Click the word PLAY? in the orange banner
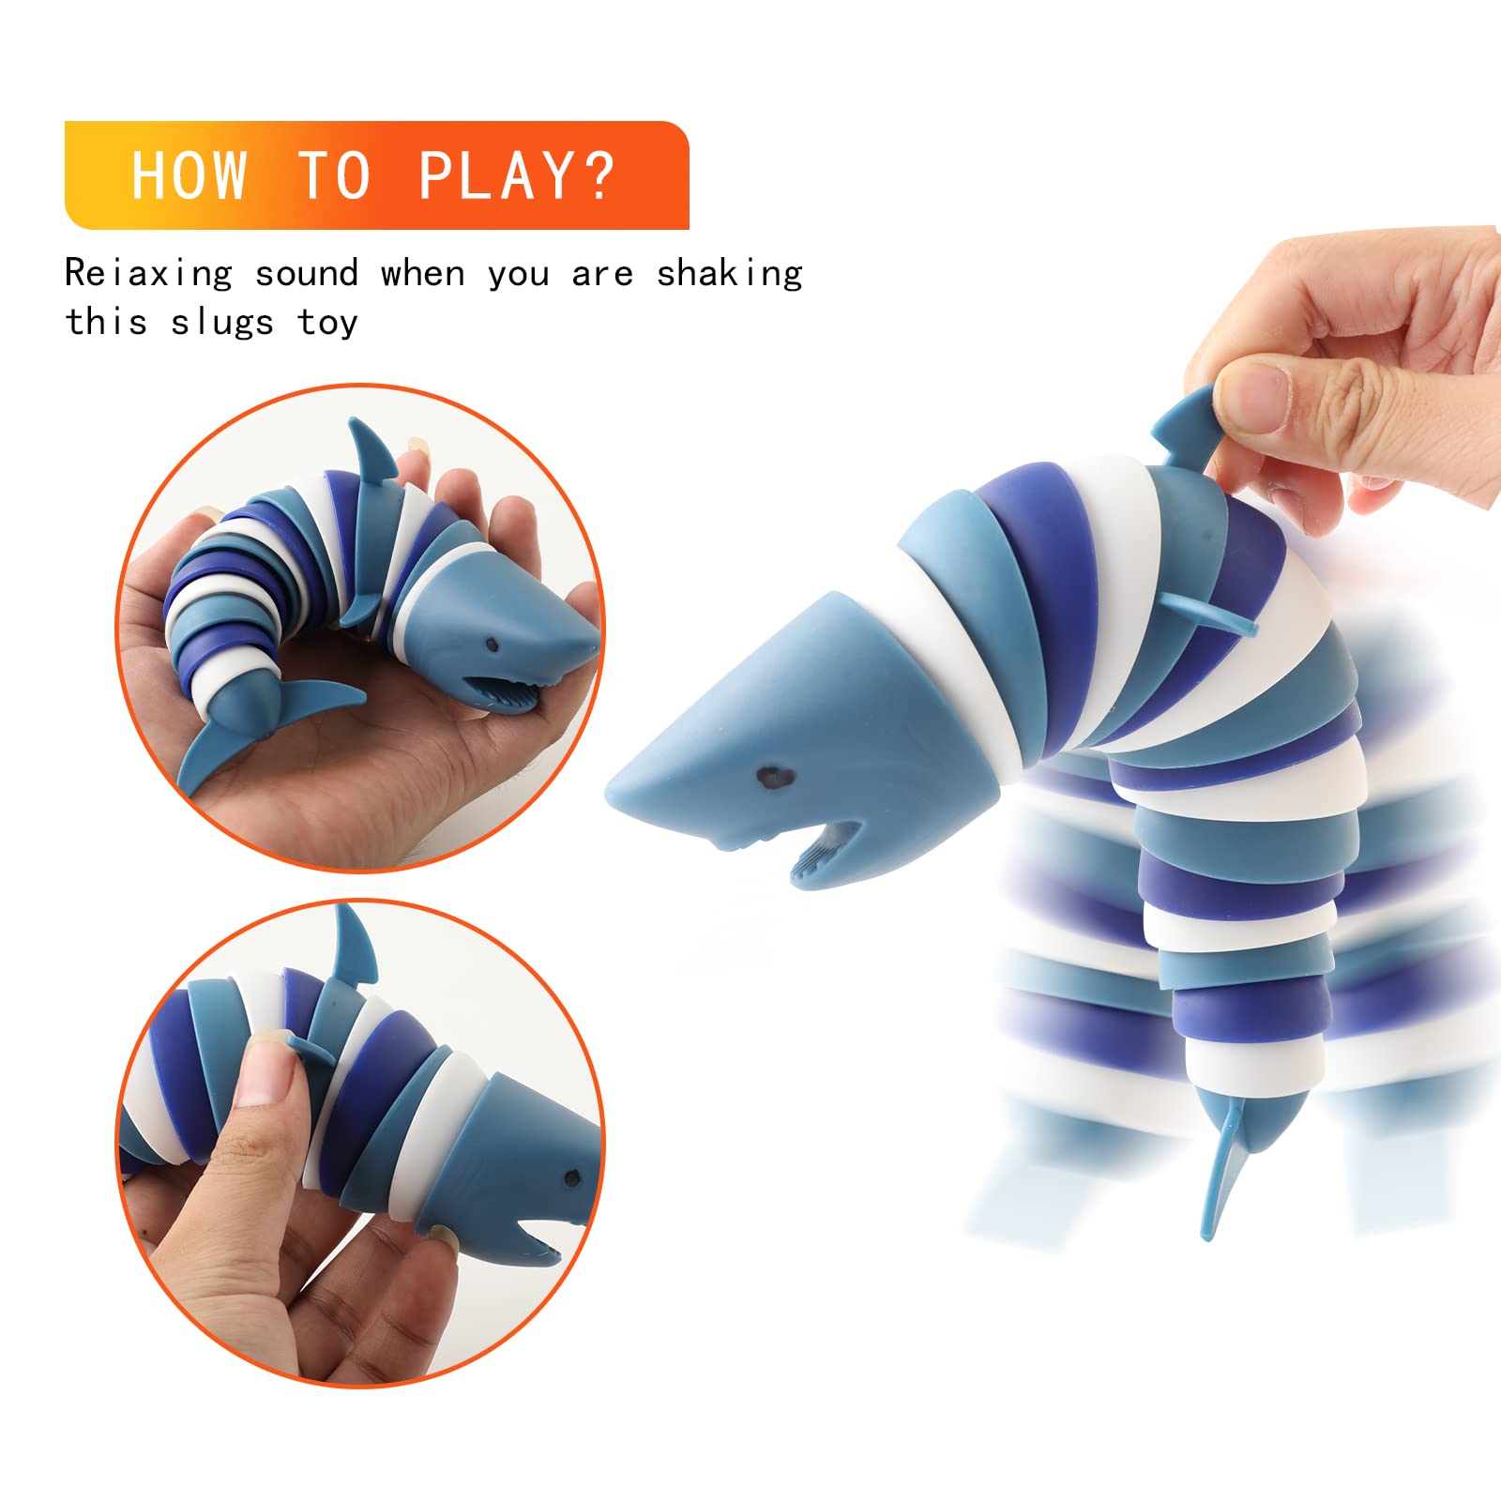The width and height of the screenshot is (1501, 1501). click(x=516, y=175)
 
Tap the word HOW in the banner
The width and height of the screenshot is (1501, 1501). click(x=190, y=175)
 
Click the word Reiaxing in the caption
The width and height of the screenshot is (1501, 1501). click(x=148, y=274)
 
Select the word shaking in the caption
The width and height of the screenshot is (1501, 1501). click(x=729, y=274)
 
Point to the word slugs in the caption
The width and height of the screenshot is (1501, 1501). click(x=222, y=323)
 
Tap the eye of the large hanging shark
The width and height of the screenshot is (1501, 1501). click(x=774, y=777)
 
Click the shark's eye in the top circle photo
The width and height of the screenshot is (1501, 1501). click(x=491, y=645)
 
